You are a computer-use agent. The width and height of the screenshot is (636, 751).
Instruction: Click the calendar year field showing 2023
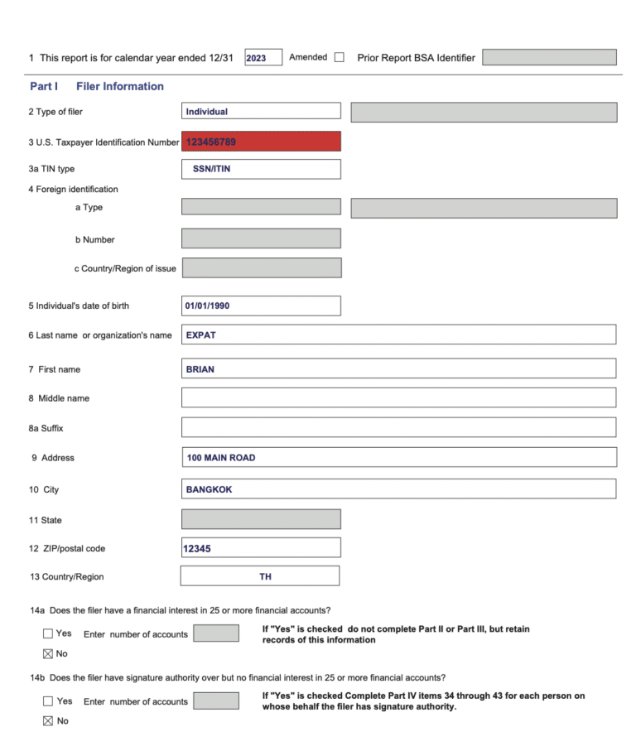click(263, 57)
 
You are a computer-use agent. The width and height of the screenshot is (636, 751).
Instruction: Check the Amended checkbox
click(340, 57)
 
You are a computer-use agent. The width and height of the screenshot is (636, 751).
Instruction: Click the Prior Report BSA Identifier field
click(549, 57)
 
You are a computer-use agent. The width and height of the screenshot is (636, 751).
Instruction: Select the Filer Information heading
click(119, 86)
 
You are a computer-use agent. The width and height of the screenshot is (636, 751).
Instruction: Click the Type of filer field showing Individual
click(261, 111)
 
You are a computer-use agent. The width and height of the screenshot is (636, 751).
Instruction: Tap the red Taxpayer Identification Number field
click(261, 142)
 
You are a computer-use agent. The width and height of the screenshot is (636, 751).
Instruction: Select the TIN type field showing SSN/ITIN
click(261, 169)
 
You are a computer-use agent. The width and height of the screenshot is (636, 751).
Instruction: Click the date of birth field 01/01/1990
click(261, 306)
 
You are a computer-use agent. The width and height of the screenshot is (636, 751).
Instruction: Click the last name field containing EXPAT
click(398, 335)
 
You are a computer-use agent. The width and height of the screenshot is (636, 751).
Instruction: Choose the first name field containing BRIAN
click(398, 368)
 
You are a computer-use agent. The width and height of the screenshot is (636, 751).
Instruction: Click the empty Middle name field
click(398, 397)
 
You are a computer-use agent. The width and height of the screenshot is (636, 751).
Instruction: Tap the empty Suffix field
click(398, 427)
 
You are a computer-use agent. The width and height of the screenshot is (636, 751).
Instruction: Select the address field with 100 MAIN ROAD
click(398, 457)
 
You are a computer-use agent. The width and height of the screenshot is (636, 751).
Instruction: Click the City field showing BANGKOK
click(398, 489)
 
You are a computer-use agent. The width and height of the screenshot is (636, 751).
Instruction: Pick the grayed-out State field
click(261, 519)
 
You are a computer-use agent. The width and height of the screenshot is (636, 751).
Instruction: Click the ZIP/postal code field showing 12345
click(261, 548)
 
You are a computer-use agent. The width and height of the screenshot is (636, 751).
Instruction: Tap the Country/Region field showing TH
click(260, 576)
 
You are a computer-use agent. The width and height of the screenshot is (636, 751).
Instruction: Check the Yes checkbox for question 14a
click(48, 634)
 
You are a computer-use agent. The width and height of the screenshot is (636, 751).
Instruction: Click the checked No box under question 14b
click(48, 721)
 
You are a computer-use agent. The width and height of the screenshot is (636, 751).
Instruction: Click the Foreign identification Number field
click(261, 238)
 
